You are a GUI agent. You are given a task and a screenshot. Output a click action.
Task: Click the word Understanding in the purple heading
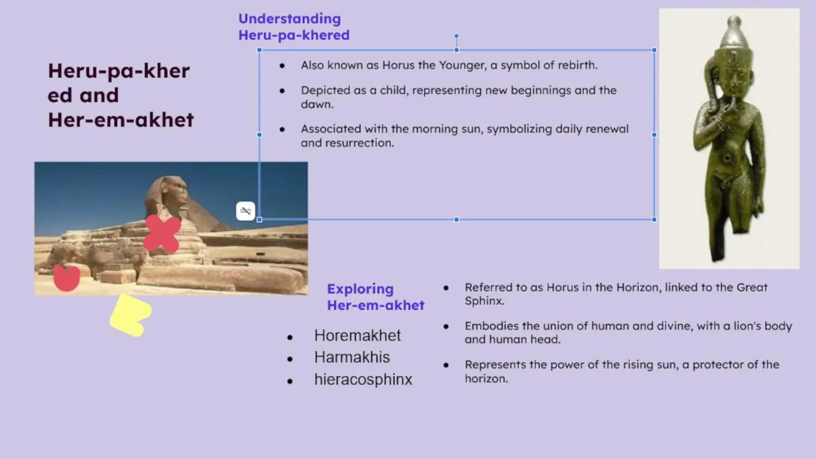289,19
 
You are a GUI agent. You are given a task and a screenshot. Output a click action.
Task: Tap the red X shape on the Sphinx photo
162,233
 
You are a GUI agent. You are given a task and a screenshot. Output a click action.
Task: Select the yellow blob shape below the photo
131,315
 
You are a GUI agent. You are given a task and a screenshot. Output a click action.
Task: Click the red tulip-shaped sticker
67,277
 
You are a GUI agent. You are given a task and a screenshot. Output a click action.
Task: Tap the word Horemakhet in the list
358,335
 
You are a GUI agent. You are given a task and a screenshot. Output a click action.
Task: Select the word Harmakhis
352,358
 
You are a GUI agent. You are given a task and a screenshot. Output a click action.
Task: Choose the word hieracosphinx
363,379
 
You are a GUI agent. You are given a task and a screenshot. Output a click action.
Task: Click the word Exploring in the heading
360,289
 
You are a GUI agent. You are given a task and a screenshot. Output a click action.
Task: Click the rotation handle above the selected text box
456,36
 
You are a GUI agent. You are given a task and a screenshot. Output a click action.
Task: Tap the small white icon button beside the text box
245,211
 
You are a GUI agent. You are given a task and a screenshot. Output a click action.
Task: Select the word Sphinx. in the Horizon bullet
484,302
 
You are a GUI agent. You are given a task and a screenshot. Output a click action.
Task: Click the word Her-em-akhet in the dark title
120,120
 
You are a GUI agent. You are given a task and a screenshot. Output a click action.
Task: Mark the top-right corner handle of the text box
654,50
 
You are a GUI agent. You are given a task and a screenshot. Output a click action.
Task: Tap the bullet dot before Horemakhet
290,337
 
